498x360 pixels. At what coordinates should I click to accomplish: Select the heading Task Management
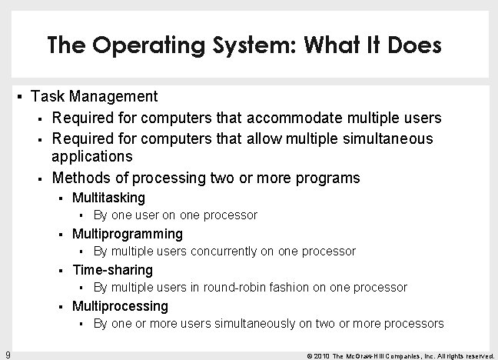[x=94, y=97]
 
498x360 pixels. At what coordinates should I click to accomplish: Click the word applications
[x=91, y=157]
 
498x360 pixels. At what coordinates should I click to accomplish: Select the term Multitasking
[x=108, y=198]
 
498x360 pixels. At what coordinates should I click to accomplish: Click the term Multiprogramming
[x=128, y=234]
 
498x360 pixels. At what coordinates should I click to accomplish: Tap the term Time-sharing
[x=112, y=270]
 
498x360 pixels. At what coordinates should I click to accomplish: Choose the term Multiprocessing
[x=120, y=306]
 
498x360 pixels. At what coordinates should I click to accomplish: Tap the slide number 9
[x=7, y=354]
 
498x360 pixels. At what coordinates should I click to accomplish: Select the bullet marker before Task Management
[x=19, y=97]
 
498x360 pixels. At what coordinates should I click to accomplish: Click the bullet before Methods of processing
[x=39, y=178]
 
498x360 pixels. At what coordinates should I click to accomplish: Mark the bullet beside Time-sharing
[x=61, y=270]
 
